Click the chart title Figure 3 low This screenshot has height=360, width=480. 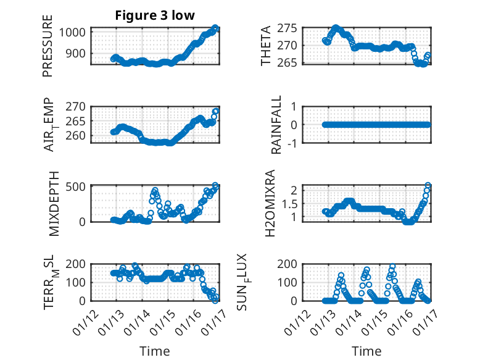[155, 15]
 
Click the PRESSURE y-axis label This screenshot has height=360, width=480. [48, 46]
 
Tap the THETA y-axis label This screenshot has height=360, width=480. [266, 46]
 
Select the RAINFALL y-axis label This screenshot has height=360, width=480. [277, 124]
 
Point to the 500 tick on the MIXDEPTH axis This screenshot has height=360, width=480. [81, 186]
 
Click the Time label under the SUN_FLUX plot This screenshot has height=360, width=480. [366, 351]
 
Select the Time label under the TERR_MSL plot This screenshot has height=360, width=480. [154, 351]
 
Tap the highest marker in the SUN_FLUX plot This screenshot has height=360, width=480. [392, 267]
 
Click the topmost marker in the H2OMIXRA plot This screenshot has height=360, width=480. [428, 185]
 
